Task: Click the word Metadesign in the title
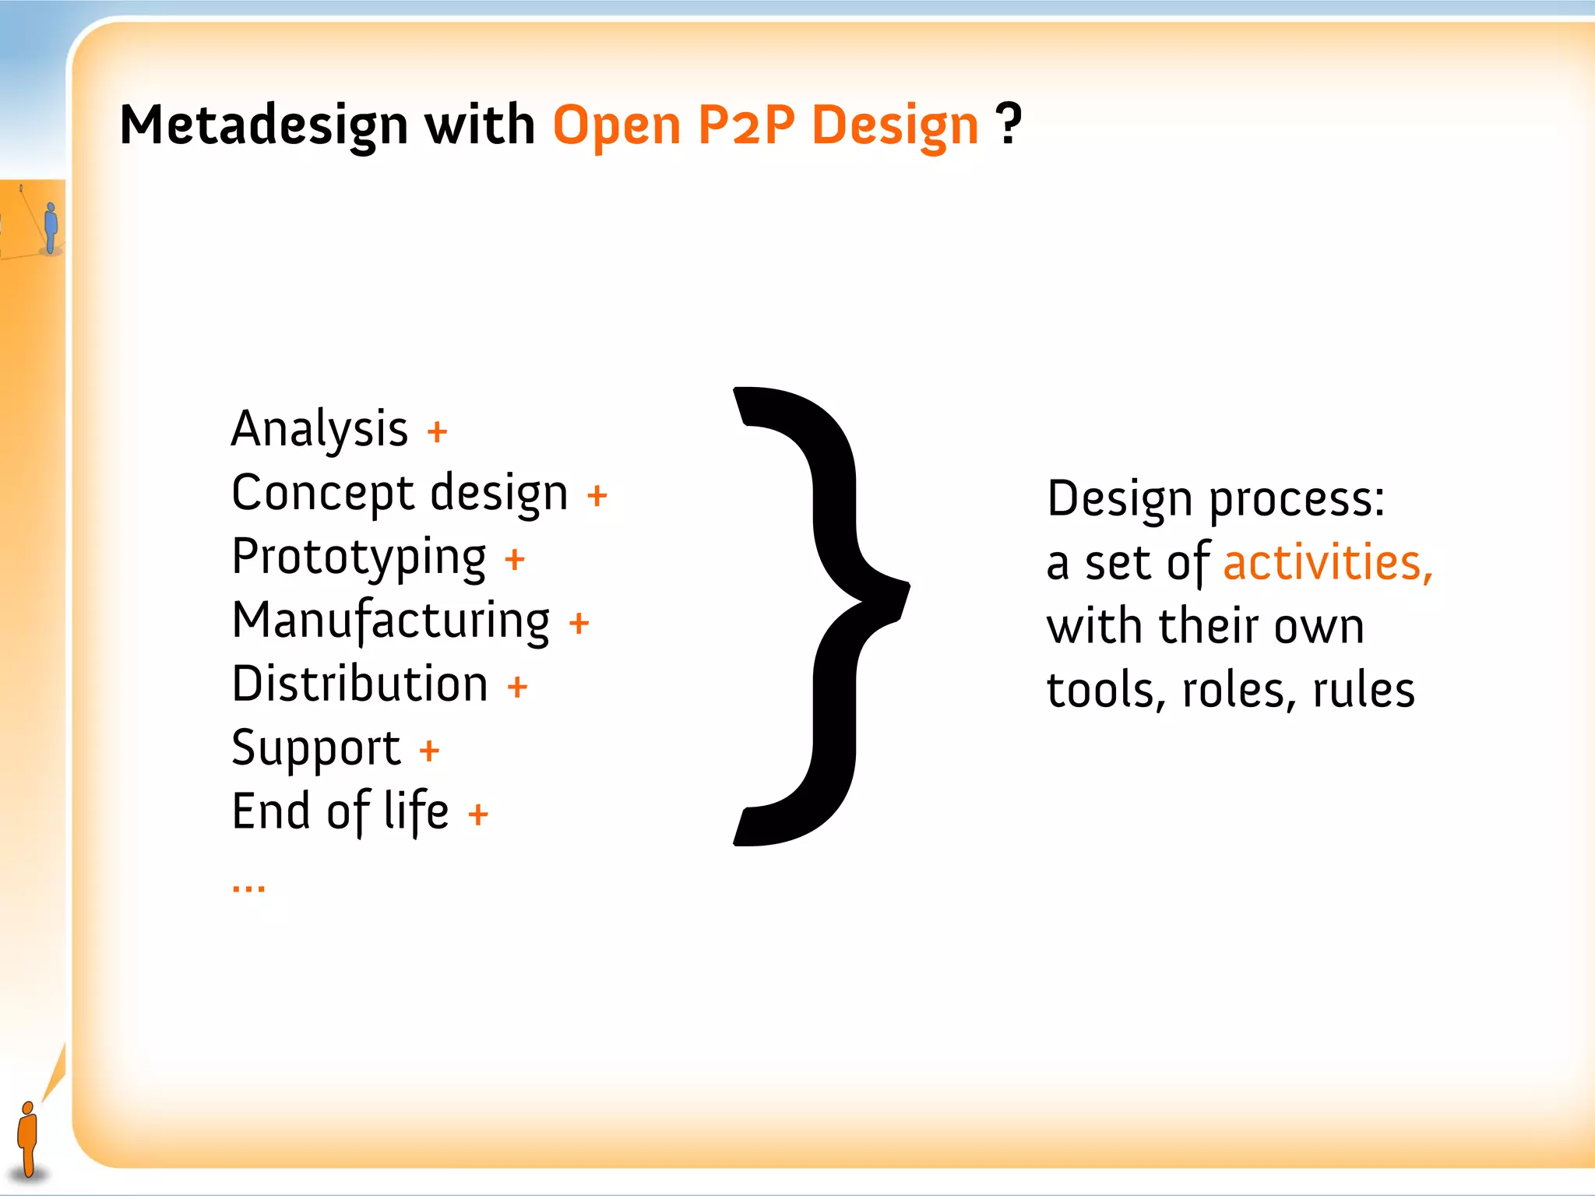[263, 125]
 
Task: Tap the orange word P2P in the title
[746, 125]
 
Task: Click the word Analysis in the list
[319, 429]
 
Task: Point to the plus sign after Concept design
[597, 495]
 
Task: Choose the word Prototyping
[359, 558]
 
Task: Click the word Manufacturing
[391, 621]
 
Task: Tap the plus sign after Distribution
[517, 687]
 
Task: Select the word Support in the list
[316, 749]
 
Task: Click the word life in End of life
[416, 811]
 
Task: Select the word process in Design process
[1296, 500]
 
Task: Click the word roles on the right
[1238, 691]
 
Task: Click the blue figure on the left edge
[51, 227]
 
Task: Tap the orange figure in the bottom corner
[28, 1138]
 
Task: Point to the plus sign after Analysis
[437, 431]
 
